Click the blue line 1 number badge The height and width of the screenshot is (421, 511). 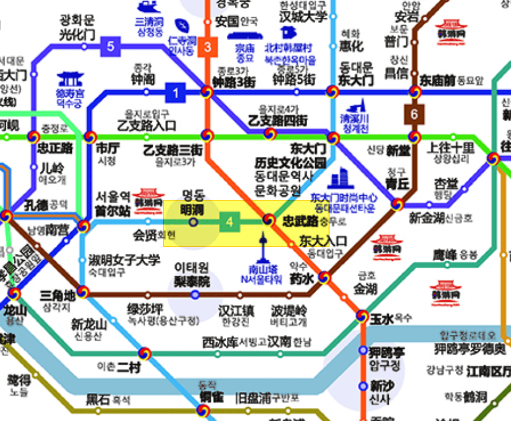[176, 92]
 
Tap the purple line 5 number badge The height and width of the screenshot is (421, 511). [110, 46]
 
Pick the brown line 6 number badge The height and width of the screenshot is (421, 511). [414, 114]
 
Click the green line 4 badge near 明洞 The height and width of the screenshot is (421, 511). [230, 222]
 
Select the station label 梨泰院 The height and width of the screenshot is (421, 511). [192, 281]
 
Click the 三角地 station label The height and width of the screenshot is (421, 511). [57, 295]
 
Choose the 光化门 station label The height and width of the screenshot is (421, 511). [78, 34]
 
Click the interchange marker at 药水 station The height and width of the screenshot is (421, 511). [324, 278]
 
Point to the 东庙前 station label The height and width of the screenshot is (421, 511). [438, 80]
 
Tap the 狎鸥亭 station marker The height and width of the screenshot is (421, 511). [363, 350]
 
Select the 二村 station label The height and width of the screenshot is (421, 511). [128, 368]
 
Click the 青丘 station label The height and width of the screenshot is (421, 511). [397, 184]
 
